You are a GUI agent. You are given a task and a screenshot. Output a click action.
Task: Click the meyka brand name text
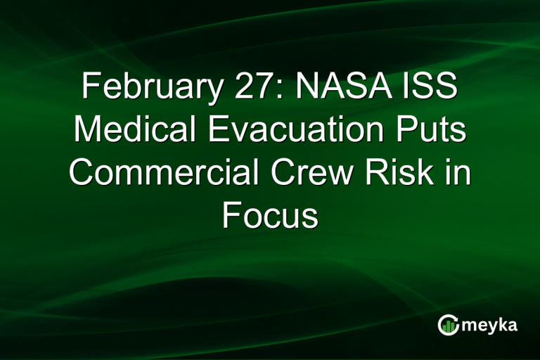489,326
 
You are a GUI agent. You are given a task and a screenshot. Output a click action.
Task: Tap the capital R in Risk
380,172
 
